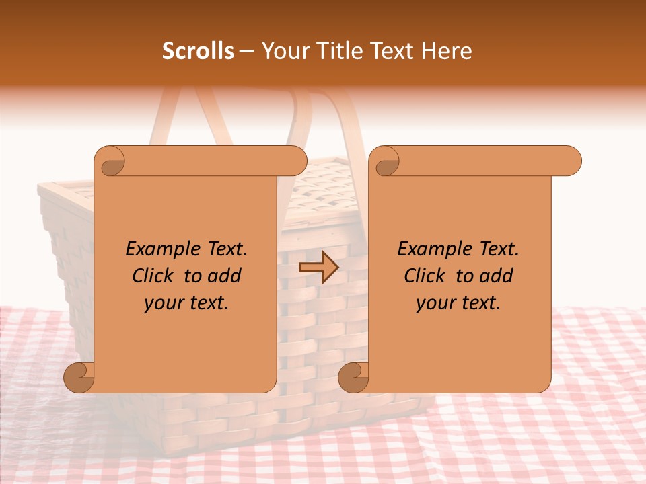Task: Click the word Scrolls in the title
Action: [x=199, y=51]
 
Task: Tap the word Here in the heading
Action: [x=447, y=51]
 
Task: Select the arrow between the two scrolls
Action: [x=318, y=268]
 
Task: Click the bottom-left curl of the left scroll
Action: [x=78, y=378]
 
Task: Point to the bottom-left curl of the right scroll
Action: [x=353, y=378]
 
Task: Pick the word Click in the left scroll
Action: [x=153, y=276]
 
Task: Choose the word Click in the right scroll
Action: [x=425, y=276]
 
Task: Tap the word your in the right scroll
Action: [x=435, y=303]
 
